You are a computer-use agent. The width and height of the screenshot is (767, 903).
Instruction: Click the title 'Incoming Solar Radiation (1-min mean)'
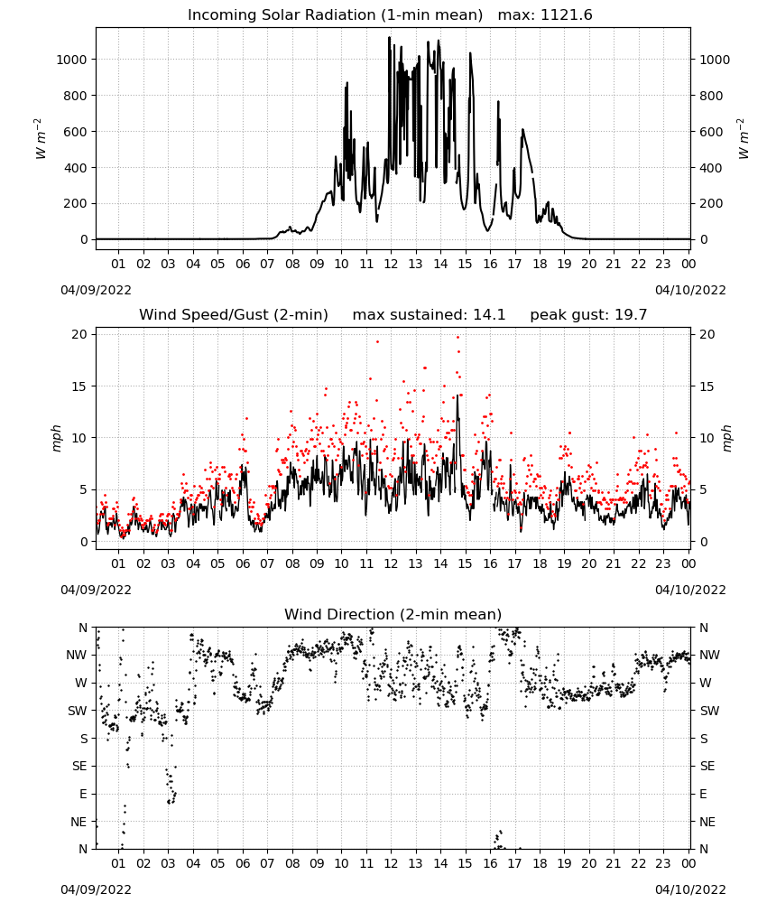[335, 15]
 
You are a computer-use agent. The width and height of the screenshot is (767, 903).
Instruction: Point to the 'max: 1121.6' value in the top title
[545, 15]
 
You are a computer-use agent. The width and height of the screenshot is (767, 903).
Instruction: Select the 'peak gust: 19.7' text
[588, 315]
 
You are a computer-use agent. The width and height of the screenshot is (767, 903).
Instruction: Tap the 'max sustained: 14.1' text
[429, 315]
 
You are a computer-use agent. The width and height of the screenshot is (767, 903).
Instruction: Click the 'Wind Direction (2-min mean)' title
[393, 614]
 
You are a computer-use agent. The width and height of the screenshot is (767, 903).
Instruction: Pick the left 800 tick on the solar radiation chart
[75, 96]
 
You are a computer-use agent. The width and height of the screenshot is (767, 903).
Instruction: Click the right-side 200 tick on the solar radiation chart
[711, 204]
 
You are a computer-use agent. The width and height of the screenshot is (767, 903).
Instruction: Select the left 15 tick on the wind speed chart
[79, 386]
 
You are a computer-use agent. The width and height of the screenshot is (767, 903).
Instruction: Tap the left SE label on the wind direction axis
[79, 767]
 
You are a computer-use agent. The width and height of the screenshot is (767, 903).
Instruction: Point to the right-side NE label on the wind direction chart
[707, 822]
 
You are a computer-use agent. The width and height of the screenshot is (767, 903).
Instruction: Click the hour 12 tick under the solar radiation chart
[391, 265]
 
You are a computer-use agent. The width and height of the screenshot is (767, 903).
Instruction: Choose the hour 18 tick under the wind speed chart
[540, 563]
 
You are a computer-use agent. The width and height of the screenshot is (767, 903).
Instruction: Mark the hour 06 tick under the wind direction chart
[243, 863]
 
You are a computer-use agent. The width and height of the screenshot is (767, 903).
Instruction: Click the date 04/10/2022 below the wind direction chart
[690, 889]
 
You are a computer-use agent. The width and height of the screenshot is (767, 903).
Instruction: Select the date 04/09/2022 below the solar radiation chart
[96, 290]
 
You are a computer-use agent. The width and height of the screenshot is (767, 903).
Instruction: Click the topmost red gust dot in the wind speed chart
[458, 338]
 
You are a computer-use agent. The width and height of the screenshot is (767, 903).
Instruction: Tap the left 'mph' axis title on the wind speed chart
[56, 438]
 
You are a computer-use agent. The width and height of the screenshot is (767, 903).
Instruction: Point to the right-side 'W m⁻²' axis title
[743, 139]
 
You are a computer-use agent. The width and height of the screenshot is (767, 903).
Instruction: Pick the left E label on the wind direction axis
[83, 794]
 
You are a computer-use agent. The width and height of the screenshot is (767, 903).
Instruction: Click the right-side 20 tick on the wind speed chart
[707, 335]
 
